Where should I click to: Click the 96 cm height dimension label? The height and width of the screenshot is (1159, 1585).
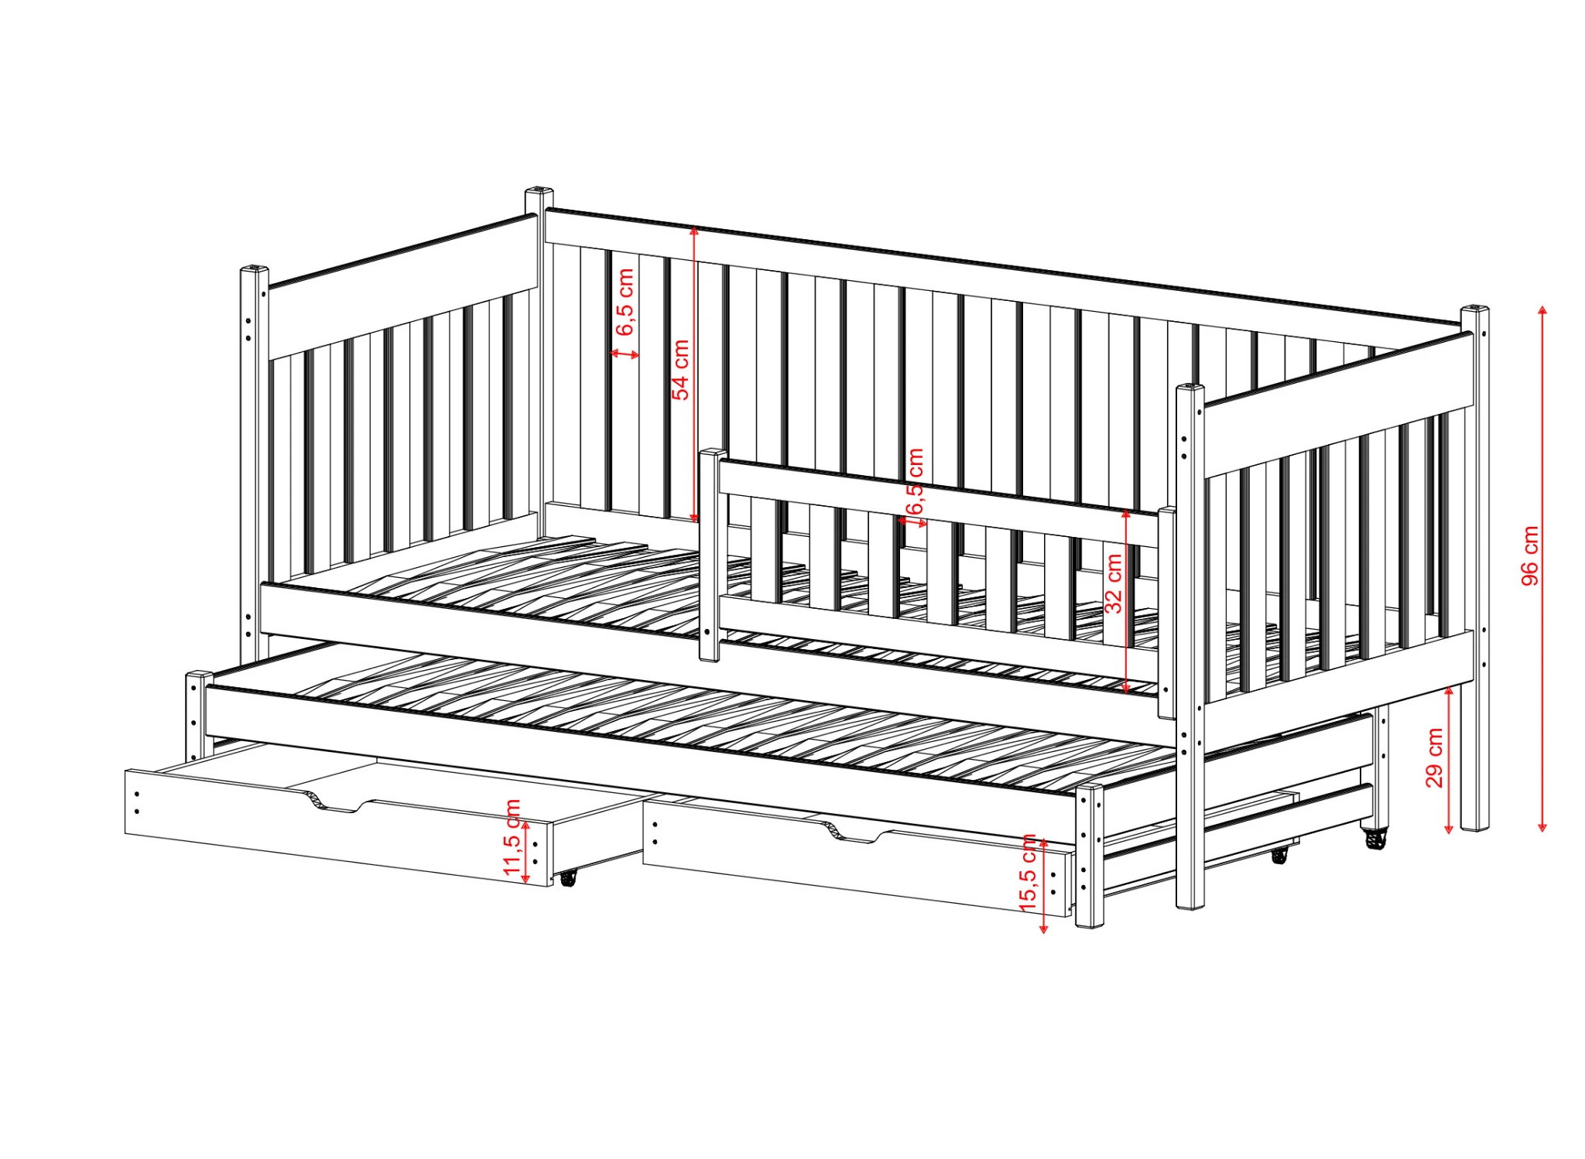(1530, 556)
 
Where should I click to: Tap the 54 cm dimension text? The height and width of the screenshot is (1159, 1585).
(680, 370)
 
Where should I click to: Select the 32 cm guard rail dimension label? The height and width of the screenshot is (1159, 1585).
(1113, 583)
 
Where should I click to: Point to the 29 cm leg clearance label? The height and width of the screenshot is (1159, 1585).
(1434, 757)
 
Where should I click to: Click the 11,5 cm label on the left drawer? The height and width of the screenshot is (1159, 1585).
(512, 838)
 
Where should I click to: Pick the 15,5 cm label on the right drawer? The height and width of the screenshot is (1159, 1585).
(1029, 872)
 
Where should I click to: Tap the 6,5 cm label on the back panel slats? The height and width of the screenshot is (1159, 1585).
(625, 302)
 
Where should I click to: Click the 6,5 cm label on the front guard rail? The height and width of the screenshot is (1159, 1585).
(916, 481)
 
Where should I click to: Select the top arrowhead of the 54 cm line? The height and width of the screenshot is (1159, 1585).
(694, 230)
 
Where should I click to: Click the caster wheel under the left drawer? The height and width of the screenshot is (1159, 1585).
(568, 877)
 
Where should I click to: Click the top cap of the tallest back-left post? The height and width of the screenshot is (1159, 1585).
(539, 190)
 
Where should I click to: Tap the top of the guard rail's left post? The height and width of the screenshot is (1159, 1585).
(713, 452)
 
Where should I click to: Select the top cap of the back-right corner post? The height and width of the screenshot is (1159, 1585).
(1476, 309)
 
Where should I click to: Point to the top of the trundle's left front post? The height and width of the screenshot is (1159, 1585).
(200, 675)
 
